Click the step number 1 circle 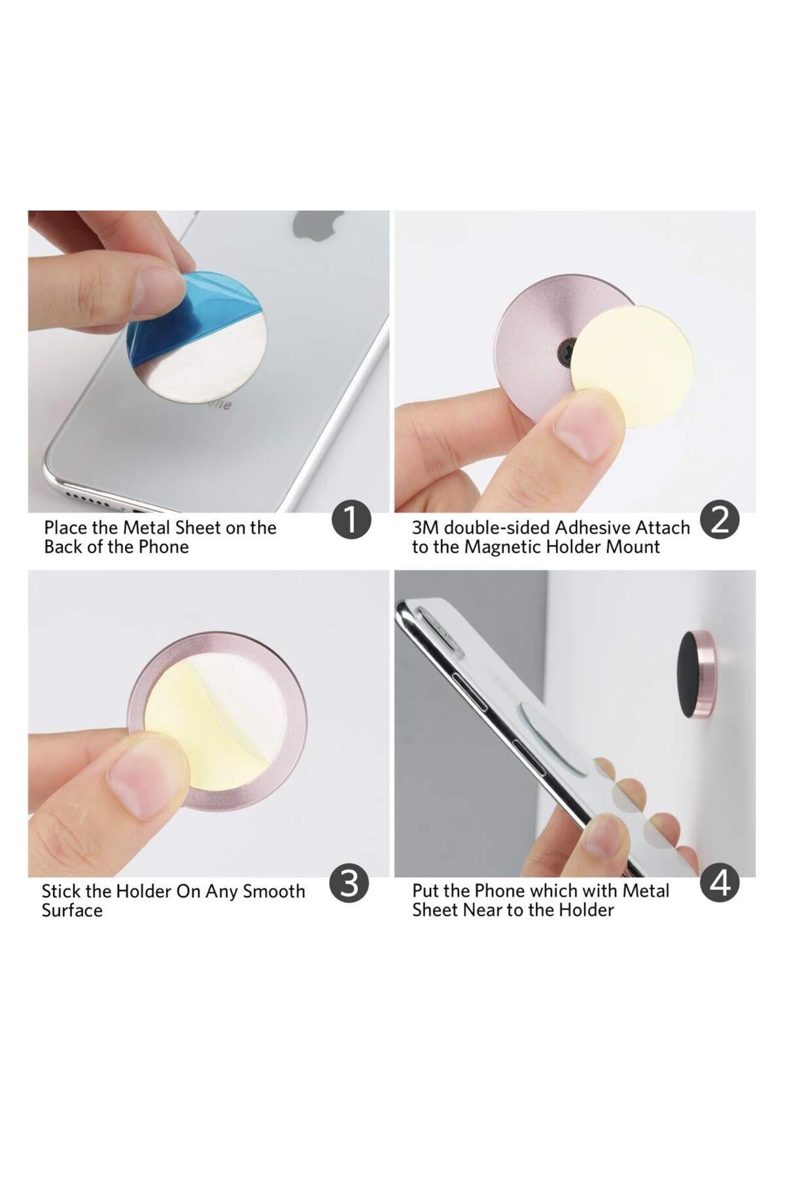pyautogui.click(x=351, y=520)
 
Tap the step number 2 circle pyautogui.click(x=720, y=520)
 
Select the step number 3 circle pyautogui.click(x=349, y=883)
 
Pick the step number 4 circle pyautogui.click(x=720, y=883)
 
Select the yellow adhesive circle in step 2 pyautogui.click(x=635, y=366)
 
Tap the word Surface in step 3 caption pyautogui.click(x=72, y=911)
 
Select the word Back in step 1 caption pyautogui.click(x=63, y=547)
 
